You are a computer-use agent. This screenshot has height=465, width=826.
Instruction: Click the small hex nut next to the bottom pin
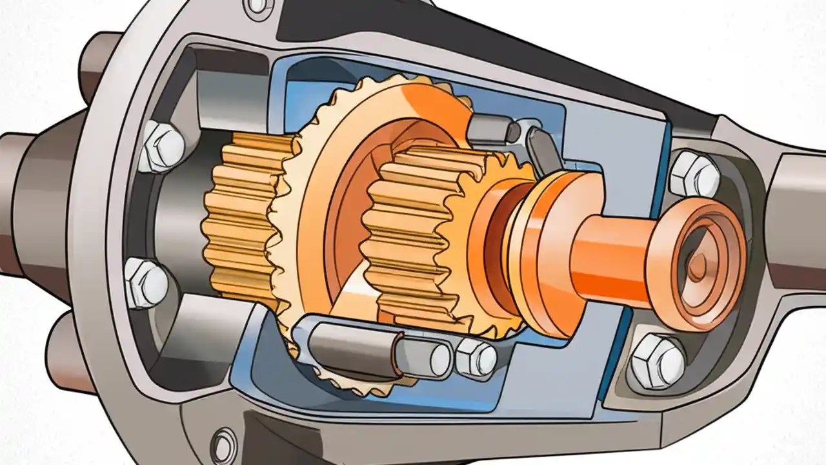tap(477, 357)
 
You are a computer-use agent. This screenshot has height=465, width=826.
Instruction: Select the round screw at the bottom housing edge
tap(225, 442)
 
